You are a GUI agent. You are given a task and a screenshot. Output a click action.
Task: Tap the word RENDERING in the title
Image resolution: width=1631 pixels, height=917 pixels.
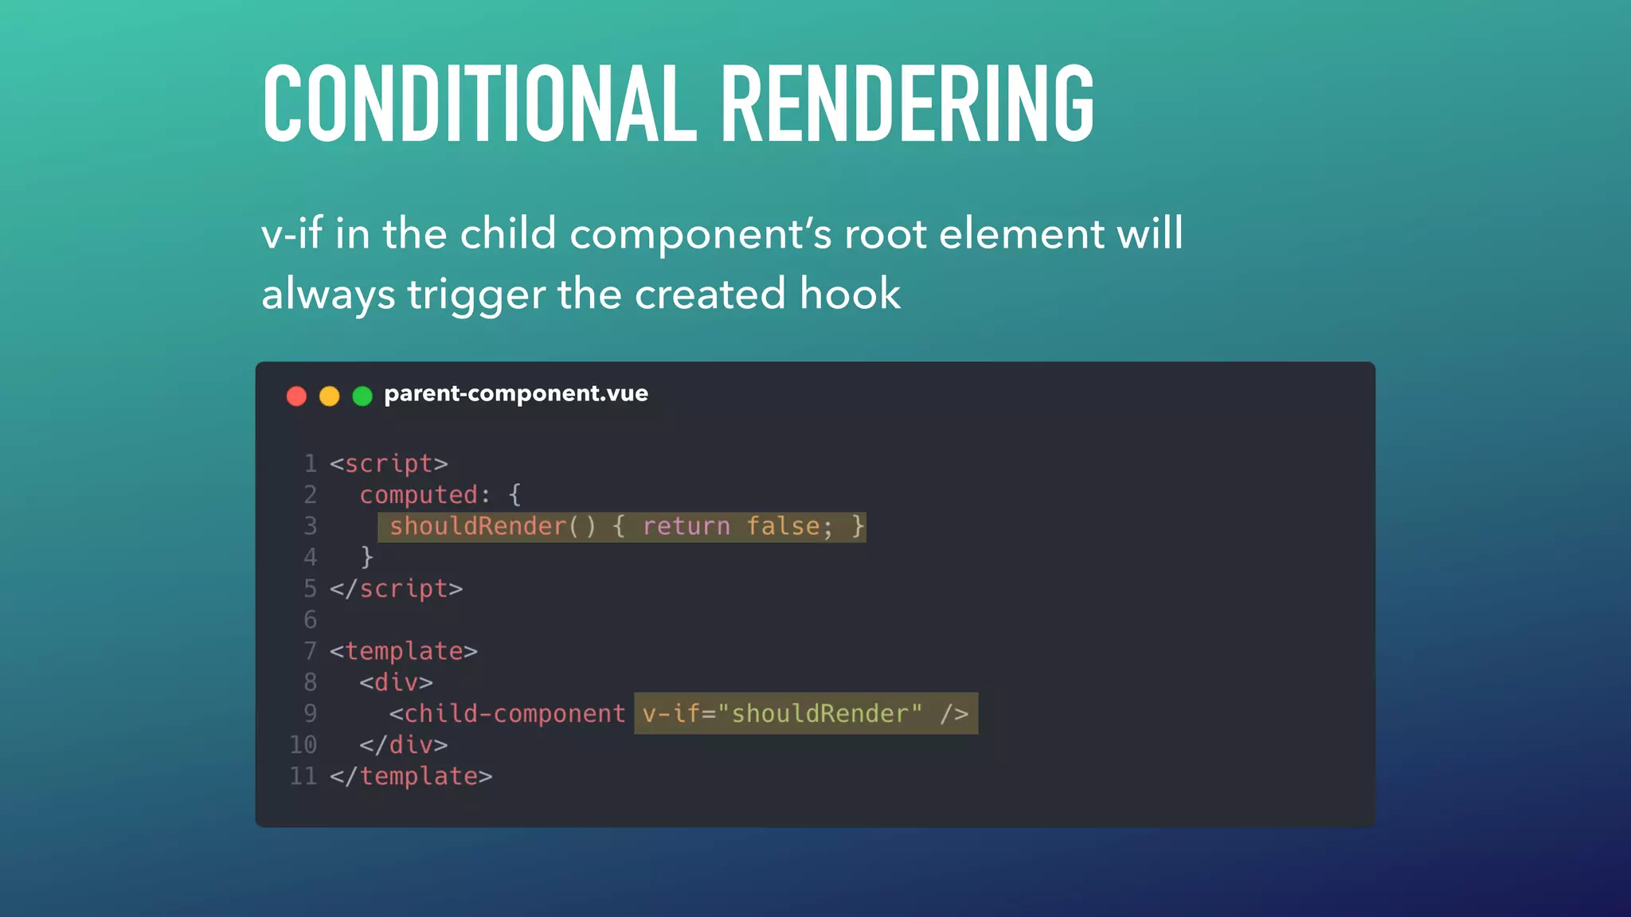pos(907,103)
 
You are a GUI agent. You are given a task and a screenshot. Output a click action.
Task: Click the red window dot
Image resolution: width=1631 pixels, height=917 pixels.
pos(296,396)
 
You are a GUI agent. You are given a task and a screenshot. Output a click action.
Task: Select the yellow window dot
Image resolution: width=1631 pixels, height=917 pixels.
pos(329,396)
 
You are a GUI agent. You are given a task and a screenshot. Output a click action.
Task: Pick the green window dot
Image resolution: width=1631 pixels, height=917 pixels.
pos(362,396)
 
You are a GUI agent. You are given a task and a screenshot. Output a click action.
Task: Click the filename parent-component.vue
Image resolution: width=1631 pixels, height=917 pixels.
pos(515,393)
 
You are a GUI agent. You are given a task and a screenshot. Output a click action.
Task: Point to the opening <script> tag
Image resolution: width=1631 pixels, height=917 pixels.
pos(389,463)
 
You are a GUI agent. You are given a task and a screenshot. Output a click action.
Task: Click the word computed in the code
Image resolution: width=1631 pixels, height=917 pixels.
pos(419,495)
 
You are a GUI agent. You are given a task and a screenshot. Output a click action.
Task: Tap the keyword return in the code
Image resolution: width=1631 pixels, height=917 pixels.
pos(686,526)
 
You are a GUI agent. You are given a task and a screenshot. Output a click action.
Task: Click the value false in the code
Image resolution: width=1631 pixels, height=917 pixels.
pos(783,526)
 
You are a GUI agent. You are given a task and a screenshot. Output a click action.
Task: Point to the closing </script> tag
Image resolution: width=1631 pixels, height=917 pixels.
pos(396,589)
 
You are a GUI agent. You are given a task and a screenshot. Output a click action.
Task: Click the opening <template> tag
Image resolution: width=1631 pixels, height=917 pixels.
pos(403,651)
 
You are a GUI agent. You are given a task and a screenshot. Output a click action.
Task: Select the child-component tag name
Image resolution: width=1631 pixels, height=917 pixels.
pos(514,713)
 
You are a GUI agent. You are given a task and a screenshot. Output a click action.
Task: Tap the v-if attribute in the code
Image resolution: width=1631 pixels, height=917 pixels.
pos(671,713)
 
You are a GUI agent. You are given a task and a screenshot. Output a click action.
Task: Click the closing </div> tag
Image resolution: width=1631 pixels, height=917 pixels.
pos(403,745)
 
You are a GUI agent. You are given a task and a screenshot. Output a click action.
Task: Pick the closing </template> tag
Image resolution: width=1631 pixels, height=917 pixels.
pos(411,776)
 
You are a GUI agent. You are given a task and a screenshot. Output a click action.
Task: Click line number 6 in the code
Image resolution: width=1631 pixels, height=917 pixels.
pos(310,620)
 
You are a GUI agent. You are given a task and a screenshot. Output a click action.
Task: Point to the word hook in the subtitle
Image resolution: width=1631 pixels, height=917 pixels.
pos(850,294)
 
